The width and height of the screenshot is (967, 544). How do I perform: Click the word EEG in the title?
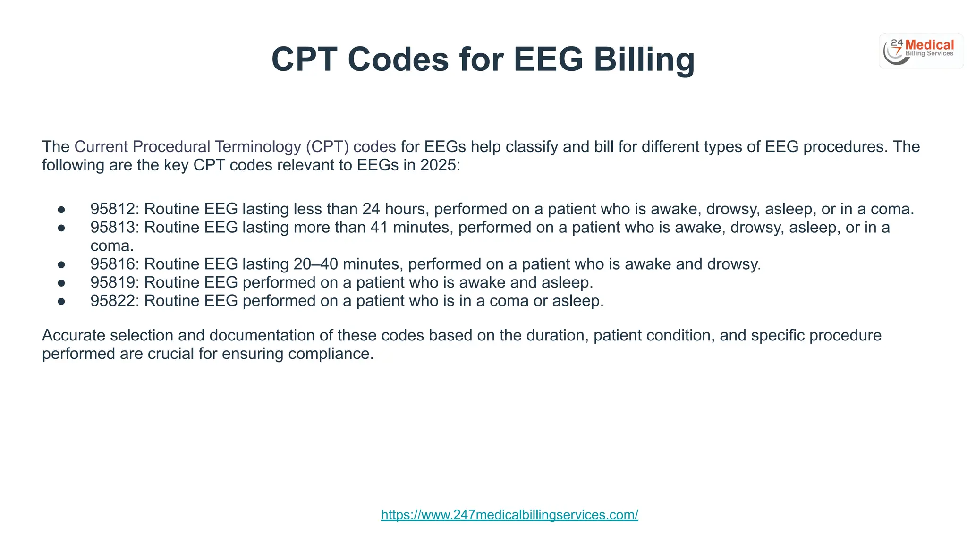(548, 59)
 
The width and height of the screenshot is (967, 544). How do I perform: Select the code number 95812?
(113, 209)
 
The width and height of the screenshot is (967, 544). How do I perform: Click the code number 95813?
(113, 227)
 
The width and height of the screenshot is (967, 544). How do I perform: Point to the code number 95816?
(113, 264)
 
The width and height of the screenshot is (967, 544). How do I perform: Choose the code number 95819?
(113, 282)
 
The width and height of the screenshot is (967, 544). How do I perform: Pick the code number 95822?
(113, 301)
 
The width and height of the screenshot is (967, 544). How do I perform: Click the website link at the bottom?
(509, 515)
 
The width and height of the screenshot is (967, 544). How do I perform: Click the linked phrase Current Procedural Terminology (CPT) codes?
(235, 147)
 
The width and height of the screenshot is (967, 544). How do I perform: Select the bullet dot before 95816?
(61, 264)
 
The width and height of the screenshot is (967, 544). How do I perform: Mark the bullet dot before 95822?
(61, 301)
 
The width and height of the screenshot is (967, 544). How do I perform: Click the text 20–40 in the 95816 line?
(315, 264)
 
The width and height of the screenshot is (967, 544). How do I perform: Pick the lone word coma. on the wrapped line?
(112, 246)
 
